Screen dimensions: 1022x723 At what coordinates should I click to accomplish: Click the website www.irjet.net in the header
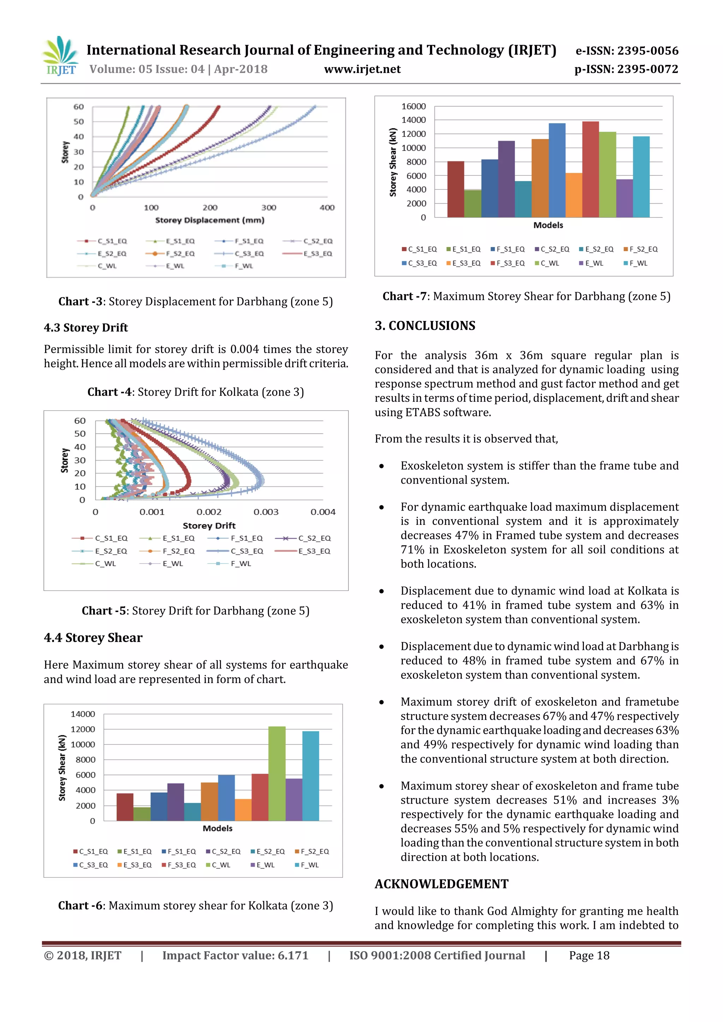(362, 69)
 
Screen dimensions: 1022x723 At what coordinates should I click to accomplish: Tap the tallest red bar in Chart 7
(590, 169)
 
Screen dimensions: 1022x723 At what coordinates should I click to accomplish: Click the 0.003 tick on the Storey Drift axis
(266, 512)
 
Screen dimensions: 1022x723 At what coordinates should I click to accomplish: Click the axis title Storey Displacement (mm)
(209, 220)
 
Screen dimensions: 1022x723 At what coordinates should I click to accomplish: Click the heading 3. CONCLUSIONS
(425, 326)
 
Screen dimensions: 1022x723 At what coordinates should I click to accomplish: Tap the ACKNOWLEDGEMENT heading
(441, 884)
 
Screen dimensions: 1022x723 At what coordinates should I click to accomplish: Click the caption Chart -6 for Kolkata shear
(195, 906)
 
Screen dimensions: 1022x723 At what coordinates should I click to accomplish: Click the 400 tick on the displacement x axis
(327, 208)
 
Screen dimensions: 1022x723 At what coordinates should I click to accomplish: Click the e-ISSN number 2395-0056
(648, 51)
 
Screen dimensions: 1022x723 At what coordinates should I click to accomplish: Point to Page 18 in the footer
(589, 956)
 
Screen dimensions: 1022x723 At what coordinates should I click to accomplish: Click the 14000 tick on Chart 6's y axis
(83, 714)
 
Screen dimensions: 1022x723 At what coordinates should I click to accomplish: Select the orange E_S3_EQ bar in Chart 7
(574, 195)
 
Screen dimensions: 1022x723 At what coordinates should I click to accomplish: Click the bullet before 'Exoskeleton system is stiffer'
(381, 466)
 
